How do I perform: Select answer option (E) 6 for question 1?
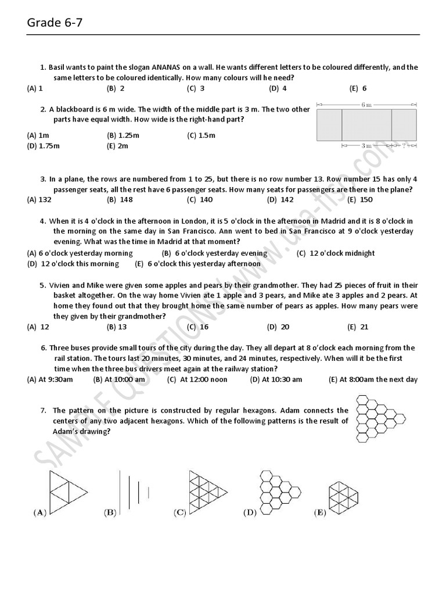[358, 89]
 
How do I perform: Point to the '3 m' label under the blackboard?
[366, 146]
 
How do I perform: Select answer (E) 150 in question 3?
[360, 200]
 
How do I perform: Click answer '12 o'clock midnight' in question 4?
[336, 253]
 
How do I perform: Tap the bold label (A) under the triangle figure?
[39, 512]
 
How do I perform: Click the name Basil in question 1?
[59, 67]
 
